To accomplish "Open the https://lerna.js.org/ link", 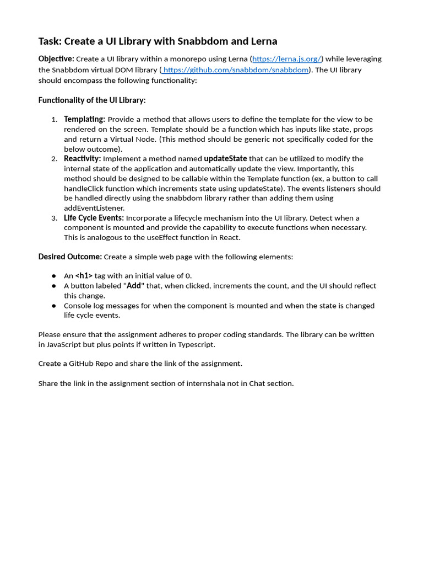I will pos(286,59).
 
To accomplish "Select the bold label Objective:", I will pos(56,59).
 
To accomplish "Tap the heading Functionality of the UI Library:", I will pos(92,100).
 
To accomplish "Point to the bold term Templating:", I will pos(84,119).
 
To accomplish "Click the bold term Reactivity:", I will pos(83,159).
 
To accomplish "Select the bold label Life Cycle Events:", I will pos(94,218).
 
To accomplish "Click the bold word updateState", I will pos(225,159).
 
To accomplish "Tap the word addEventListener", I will pos(94,208).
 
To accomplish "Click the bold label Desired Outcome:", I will pos(70,257).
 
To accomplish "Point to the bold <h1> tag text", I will pos(84,276).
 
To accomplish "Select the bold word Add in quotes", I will pos(134,286).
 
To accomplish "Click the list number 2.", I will pos(55,159).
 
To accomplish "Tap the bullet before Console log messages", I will pos(54,306).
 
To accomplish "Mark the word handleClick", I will pos(85,189).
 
